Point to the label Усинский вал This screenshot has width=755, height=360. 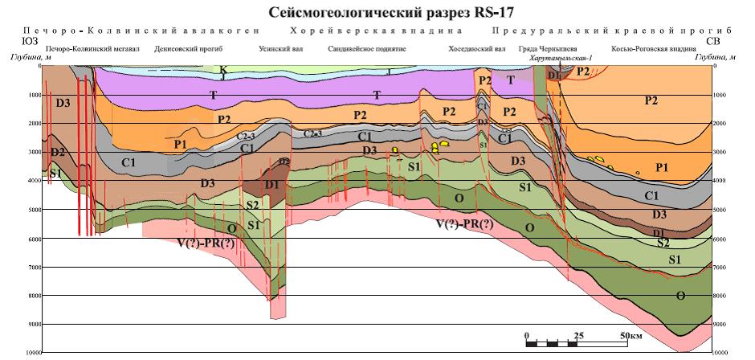(x=279, y=50)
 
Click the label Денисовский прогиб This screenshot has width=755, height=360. (x=188, y=50)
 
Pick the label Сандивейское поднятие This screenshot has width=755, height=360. (x=367, y=50)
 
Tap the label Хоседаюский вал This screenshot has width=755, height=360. (x=477, y=50)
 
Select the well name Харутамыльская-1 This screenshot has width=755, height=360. (x=561, y=59)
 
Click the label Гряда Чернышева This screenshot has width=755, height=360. (x=550, y=50)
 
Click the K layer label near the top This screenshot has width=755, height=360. (x=223, y=71)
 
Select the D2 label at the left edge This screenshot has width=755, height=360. (x=57, y=152)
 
